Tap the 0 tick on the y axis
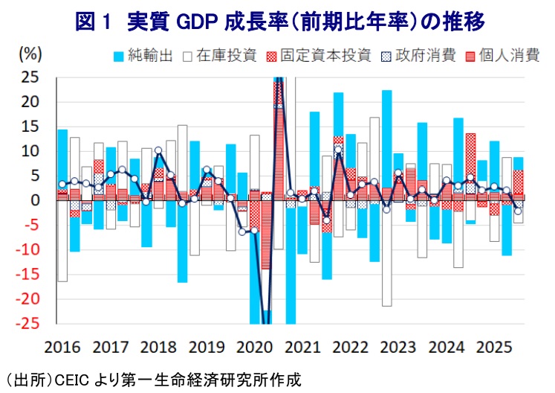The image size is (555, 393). (x=35, y=200)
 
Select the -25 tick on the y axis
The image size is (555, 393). (x=27, y=324)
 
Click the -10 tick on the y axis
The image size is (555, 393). (x=27, y=250)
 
